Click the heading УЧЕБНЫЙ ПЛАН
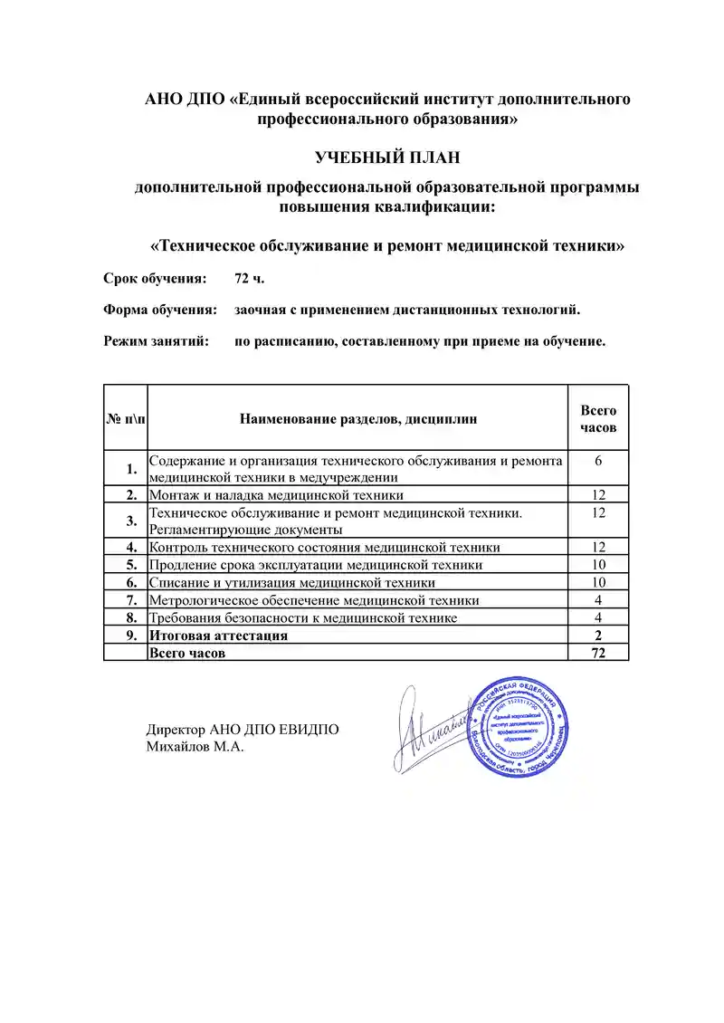pyautogui.click(x=387, y=158)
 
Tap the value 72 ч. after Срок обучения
pyautogui.click(x=250, y=277)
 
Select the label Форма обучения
pyautogui.click(x=160, y=310)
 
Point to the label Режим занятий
pyautogui.click(x=157, y=342)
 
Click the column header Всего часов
pyautogui.click(x=598, y=418)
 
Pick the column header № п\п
pyautogui.click(x=125, y=418)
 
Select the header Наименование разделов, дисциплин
pyautogui.click(x=358, y=418)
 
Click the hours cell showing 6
pyautogui.click(x=598, y=461)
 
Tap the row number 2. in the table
pyautogui.click(x=131, y=494)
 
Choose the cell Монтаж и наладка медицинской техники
pyautogui.click(x=276, y=494)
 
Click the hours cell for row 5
pyautogui.click(x=598, y=565)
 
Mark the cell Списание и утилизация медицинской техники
pyautogui.click(x=291, y=582)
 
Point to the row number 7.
pyautogui.click(x=131, y=599)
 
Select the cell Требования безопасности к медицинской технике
pyautogui.click(x=302, y=617)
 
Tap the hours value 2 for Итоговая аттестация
pyautogui.click(x=598, y=636)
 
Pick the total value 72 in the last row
pyautogui.click(x=598, y=653)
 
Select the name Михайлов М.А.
pyautogui.click(x=195, y=747)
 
